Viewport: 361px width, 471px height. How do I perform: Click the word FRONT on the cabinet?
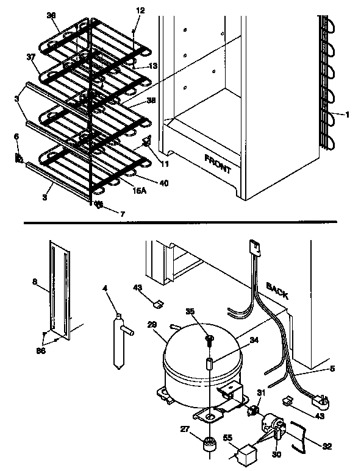(218, 163)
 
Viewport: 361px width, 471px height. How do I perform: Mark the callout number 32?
(327, 447)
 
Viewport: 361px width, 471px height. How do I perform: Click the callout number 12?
(141, 10)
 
